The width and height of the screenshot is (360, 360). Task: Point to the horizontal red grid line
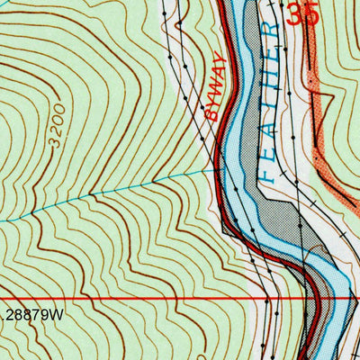pyautogui.click(x=135, y=298)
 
